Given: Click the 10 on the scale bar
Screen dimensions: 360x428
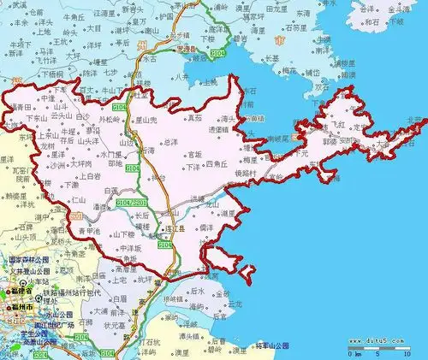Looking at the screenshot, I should (410, 353).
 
